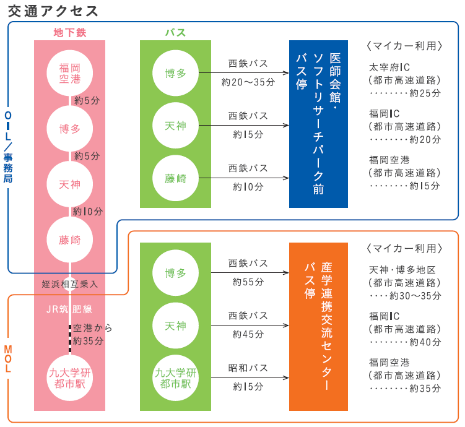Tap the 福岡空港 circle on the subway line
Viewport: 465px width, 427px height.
[69, 72]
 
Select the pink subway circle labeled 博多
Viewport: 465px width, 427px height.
[69, 128]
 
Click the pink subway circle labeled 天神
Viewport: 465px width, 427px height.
[69, 184]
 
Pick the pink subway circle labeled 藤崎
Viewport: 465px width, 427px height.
[69, 239]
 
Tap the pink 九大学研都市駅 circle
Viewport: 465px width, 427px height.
[69, 377]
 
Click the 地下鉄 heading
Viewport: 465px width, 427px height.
[69, 33]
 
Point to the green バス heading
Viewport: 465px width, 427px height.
[175, 33]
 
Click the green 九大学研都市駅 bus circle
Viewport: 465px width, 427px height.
[175, 377]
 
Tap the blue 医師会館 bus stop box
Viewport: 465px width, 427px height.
[318, 124]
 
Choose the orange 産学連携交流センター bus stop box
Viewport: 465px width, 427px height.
[318, 326]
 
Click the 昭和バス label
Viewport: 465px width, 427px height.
[248, 368]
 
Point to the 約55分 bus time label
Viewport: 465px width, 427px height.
[248, 282]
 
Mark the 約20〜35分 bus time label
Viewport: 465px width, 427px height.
[248, 81]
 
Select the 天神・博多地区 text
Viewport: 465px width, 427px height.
[402, 270]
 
